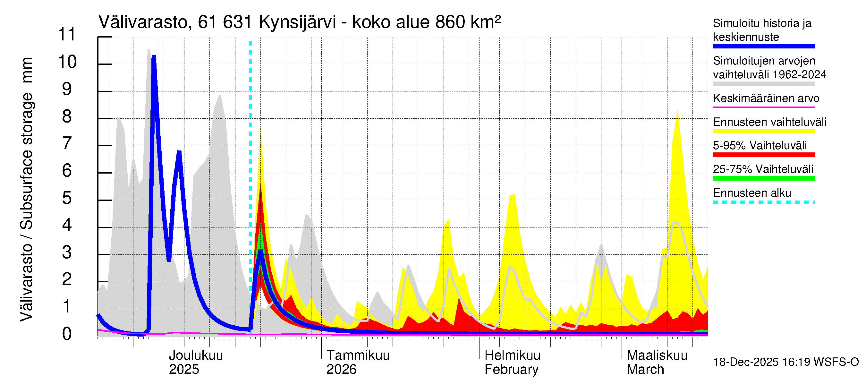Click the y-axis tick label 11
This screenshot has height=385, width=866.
point(67,35)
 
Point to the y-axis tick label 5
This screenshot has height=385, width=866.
point(67,198)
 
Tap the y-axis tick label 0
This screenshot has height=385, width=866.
point(67,334)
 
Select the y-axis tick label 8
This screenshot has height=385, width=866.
point(67,116)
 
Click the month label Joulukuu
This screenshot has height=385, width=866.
point(196,355)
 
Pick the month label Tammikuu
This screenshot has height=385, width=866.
point(358,355)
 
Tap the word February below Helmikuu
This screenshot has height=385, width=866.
point(511,370)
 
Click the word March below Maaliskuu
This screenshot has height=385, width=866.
point(645,370)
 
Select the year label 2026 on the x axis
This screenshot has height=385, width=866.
point(341,370)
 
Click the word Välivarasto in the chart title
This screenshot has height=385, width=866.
point(143,22)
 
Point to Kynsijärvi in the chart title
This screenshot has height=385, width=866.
point(297,22)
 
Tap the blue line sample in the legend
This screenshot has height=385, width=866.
point(763,47)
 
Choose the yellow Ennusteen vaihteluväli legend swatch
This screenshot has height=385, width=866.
point(763,131)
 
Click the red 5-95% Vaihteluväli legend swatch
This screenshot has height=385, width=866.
point(763,155)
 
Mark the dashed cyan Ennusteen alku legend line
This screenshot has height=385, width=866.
point(763,202)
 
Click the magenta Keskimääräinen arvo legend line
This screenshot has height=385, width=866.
point(763,107)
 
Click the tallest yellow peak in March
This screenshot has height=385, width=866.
point(677,112)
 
